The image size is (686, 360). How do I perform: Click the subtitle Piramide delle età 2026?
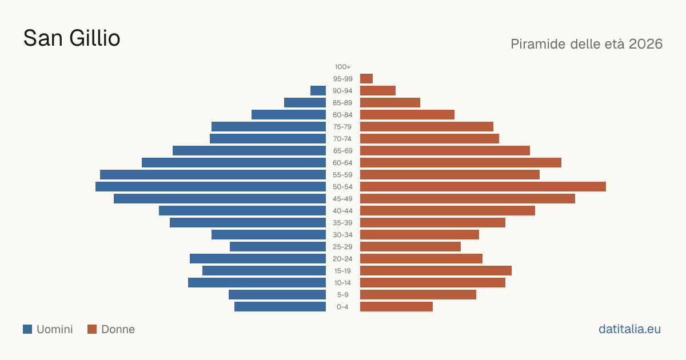587,44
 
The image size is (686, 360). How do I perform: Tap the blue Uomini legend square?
27,329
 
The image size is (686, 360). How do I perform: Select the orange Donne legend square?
92,329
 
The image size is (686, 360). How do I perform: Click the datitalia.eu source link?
629,329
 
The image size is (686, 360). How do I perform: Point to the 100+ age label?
342,67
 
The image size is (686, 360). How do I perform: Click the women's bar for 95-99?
366,79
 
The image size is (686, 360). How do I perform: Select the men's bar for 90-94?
318,91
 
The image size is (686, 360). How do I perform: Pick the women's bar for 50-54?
483,187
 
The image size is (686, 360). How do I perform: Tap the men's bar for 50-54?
211,187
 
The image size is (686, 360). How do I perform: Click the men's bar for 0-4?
280,307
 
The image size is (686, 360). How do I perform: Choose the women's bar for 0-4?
396,307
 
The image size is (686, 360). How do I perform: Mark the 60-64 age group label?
342,163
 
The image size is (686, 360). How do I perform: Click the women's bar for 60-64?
461,162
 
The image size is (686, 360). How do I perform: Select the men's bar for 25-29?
278,247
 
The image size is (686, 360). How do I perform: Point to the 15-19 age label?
342,271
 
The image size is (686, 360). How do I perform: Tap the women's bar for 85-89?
390,102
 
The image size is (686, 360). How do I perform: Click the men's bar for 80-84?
289,114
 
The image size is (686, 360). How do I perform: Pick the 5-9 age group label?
342,295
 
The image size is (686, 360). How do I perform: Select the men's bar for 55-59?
213,175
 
